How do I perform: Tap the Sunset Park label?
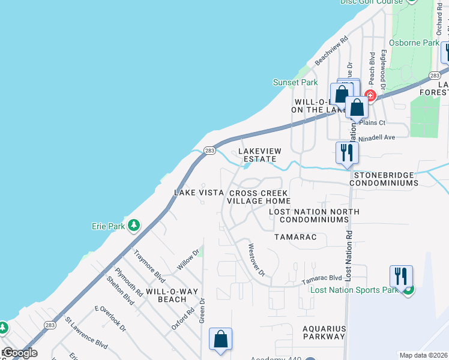[x=295, y=82]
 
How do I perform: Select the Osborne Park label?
[x=415, y=43]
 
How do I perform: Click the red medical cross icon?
[x=370, y=95]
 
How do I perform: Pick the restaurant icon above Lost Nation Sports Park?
[x=400, y=277]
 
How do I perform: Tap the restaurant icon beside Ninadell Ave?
[x=347, y=152]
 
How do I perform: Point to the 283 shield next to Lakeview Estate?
[x=209, y=151]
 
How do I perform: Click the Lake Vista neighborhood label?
[x=199, y=193]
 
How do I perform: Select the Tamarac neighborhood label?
[x=295, y=237]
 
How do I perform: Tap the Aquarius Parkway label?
[x=324, y=332]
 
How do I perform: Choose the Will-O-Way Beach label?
[x=172, y=295]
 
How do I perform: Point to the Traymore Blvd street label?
[x=149, y=266]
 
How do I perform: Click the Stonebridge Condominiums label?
[x=383, y=178]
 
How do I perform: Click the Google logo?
[x=20, y=353]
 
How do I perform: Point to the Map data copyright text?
[x=423, y=355]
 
